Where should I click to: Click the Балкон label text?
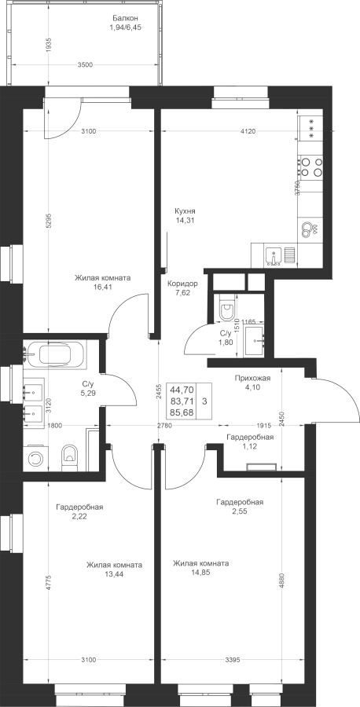pyautogui.click(x=125, y=18)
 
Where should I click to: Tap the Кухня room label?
pyautogui.click(x=186, y=211)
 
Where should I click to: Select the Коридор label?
pyautogui.click(x=182, y=284)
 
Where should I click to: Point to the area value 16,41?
pyautogui.click(x=103, y=286)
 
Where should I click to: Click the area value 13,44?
pyautogui.click(x=115, y=573)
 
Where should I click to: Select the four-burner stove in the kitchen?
pyautogui.click(x=311, y=166)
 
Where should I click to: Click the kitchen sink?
pyautogui.click(x=274, y=255)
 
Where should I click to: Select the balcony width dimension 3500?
pyautogui.click(x=85, y=64)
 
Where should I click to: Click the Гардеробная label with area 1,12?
pyautogui.click(x=250, y=437)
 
